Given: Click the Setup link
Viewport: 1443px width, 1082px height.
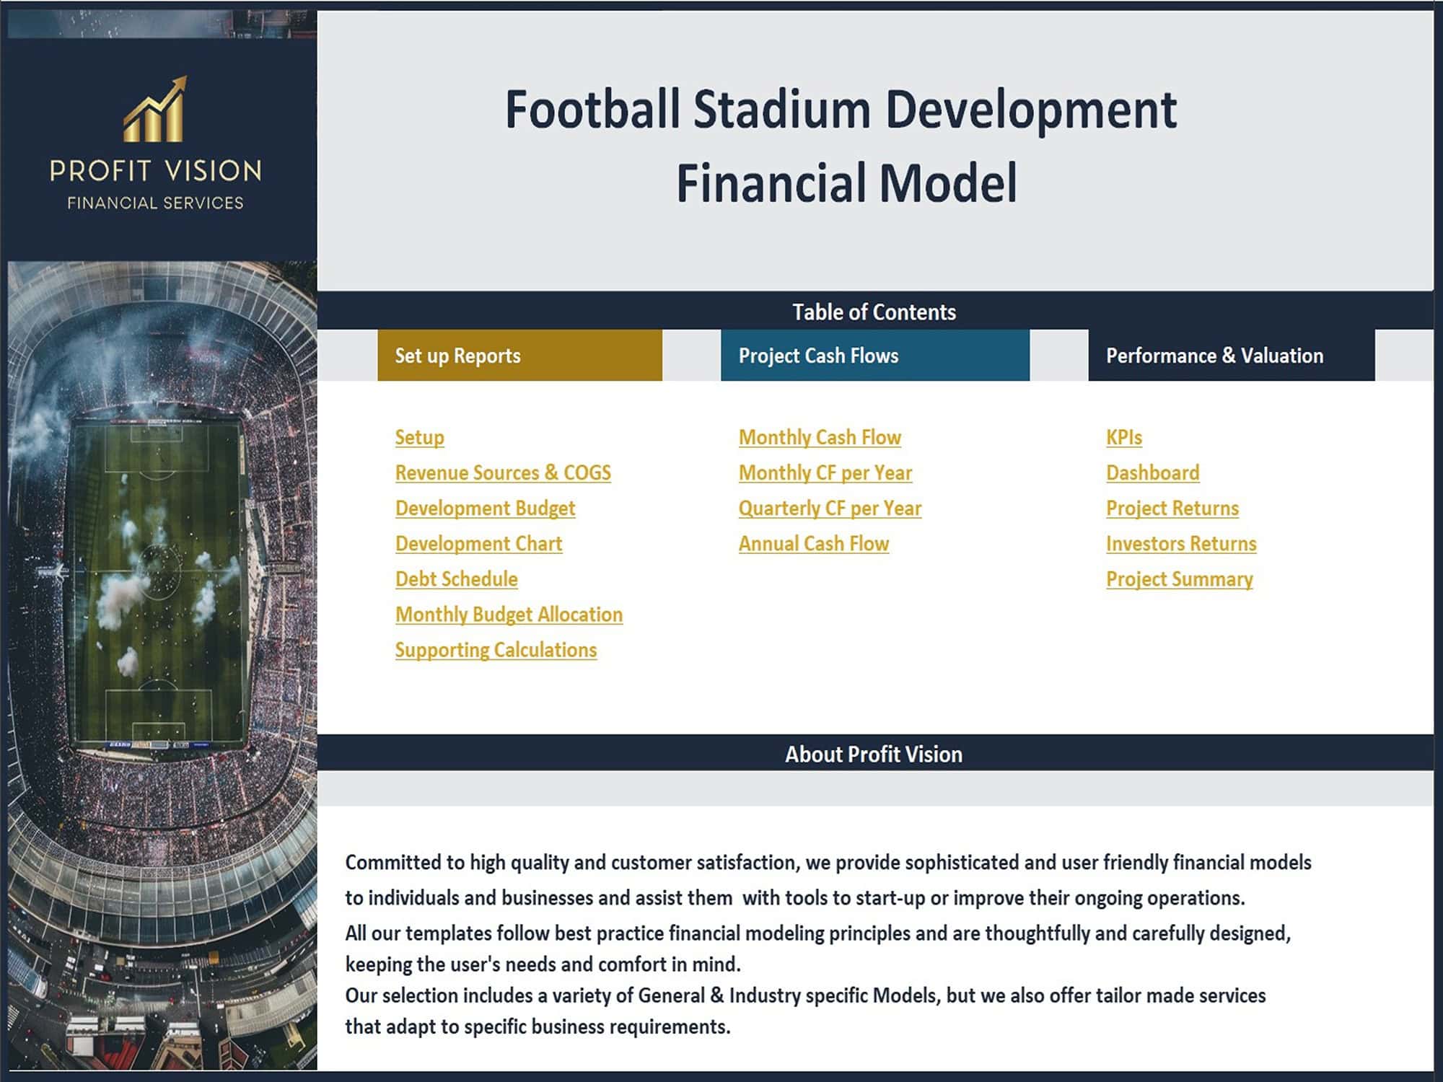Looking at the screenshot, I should tap(419, 437).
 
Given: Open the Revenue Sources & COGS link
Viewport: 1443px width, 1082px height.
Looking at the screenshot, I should tap(503, 472).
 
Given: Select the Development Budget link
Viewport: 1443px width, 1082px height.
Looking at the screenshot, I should tap(485, 508).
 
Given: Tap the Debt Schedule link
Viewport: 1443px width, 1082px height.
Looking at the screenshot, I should tap(456, 579).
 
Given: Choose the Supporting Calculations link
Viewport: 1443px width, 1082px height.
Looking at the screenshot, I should tap(496, 649).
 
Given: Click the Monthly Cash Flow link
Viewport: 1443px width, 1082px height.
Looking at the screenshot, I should tap(820, 437).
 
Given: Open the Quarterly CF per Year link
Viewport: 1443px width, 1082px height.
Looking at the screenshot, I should tap(830, 508).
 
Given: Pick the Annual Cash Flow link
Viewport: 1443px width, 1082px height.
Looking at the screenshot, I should tap(813, 543).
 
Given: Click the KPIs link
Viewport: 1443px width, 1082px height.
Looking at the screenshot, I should tap(1123, 437).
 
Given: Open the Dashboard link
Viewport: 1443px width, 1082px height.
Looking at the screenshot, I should tap(1152, 472).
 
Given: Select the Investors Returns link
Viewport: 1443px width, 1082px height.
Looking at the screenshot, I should tap(1180, 543).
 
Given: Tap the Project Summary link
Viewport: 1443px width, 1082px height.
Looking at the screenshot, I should tap(1179, 579).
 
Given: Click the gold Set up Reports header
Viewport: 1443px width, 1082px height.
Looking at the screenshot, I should tap(519, 356).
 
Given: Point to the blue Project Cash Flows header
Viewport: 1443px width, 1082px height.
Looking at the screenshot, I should tap(874, 356).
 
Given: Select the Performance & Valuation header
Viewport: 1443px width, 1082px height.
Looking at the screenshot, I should tap(1231, 356).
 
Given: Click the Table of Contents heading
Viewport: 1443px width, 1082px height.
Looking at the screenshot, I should tap(874, 312).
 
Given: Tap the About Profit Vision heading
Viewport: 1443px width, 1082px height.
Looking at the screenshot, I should tap(873, 754).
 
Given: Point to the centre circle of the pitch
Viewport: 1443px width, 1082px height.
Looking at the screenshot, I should tap(157, 570).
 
